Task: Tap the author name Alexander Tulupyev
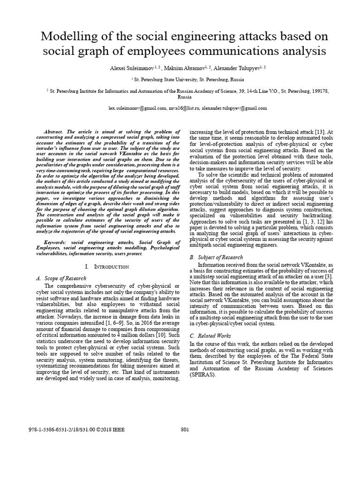pyautogui.click(x=234, y=68)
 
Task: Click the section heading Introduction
pyautogui.click(x=111, y=267)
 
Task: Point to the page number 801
pyautogui.click(x=184, y=429)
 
